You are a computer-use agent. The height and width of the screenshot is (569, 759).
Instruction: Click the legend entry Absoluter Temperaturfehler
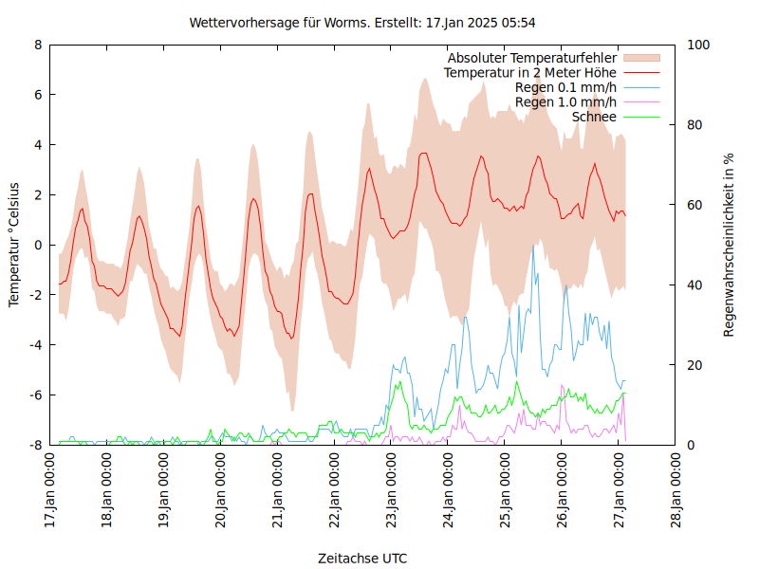tap(532, 58)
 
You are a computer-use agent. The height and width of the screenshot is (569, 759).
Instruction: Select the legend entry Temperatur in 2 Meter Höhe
tap(530, 72)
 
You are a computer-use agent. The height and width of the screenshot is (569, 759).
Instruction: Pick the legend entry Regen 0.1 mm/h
tap(565, 87)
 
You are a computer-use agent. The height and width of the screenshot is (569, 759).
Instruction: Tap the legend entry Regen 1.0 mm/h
tap(565, 101)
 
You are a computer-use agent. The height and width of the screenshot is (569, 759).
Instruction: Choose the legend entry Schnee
tap(594, 117)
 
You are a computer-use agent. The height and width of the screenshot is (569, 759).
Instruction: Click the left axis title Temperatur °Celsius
tap(14, 244)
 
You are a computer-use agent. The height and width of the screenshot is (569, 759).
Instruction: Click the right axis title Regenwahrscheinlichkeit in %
tap(729, 244)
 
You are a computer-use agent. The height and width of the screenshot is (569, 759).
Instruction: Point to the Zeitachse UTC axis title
tap(363, 558)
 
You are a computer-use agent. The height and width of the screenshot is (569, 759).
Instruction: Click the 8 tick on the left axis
tap(38, 45)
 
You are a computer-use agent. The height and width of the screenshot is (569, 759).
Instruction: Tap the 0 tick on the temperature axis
tap(38, 245)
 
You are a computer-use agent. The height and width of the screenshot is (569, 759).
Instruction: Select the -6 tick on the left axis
tap(35, 395)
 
